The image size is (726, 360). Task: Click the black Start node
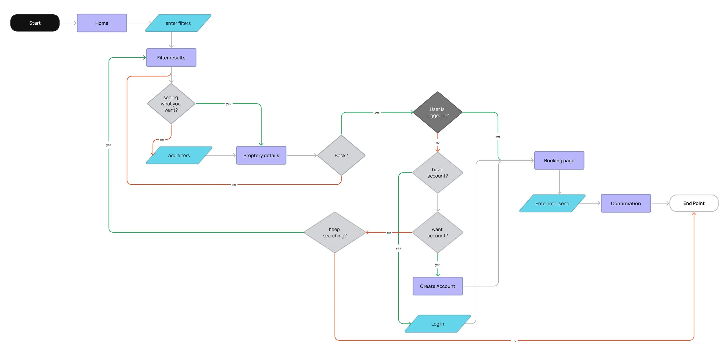(x=35, y=23)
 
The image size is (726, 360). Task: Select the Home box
(x=102, y=23)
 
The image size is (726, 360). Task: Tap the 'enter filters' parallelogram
(x=178, y=23)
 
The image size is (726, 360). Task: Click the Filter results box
(x=171, y=57)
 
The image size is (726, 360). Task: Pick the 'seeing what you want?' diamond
(x=171, y=104)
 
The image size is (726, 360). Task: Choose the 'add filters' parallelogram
(x=179, y=155)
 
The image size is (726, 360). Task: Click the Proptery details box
(x=261, y=155)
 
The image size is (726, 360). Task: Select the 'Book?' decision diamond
(x=341, y=155)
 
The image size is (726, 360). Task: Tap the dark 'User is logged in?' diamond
(x=437, y=112)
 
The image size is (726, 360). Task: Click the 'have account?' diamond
(x=437, y=173)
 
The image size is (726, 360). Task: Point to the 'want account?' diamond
(x=437, y=232)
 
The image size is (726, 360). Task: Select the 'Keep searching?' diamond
(x=335, y=232)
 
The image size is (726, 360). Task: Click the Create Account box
(x=437, y=286)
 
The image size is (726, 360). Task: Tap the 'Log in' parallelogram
(x=437, y=324)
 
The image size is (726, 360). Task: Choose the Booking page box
(x=559, y=161)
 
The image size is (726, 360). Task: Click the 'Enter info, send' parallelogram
(x=552, y=204)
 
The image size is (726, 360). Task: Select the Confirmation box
(x=626, y=204)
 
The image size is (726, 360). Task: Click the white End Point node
(x=694, y=203)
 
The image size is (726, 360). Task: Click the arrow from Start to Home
(x=68, y=23)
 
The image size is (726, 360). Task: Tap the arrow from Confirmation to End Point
(x=660, y=203)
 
